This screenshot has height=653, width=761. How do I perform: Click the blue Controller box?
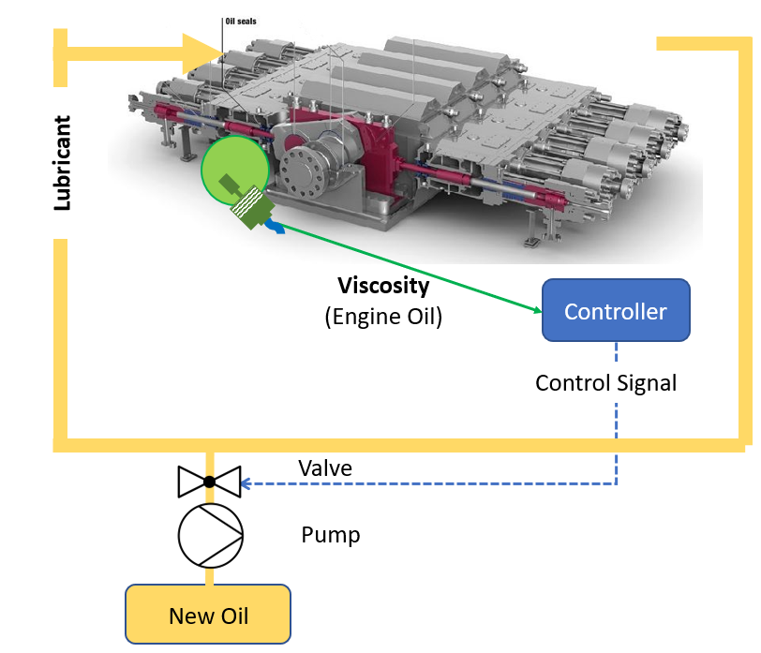pos(616,310)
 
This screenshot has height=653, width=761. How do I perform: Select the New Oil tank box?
pos(208,615)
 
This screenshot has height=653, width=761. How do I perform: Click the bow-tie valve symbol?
pos(209,482)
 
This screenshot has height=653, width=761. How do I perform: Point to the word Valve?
pos(324,467)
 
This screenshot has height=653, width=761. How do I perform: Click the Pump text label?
pos(330,535)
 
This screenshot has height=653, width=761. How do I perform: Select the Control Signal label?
pos(605,382)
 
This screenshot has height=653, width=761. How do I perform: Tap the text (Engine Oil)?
pos(383,317)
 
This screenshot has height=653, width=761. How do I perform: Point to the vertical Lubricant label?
pos(62,163)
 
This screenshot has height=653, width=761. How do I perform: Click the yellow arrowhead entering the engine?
pos(202,55)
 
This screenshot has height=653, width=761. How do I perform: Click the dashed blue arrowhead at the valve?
pos(246,483)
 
